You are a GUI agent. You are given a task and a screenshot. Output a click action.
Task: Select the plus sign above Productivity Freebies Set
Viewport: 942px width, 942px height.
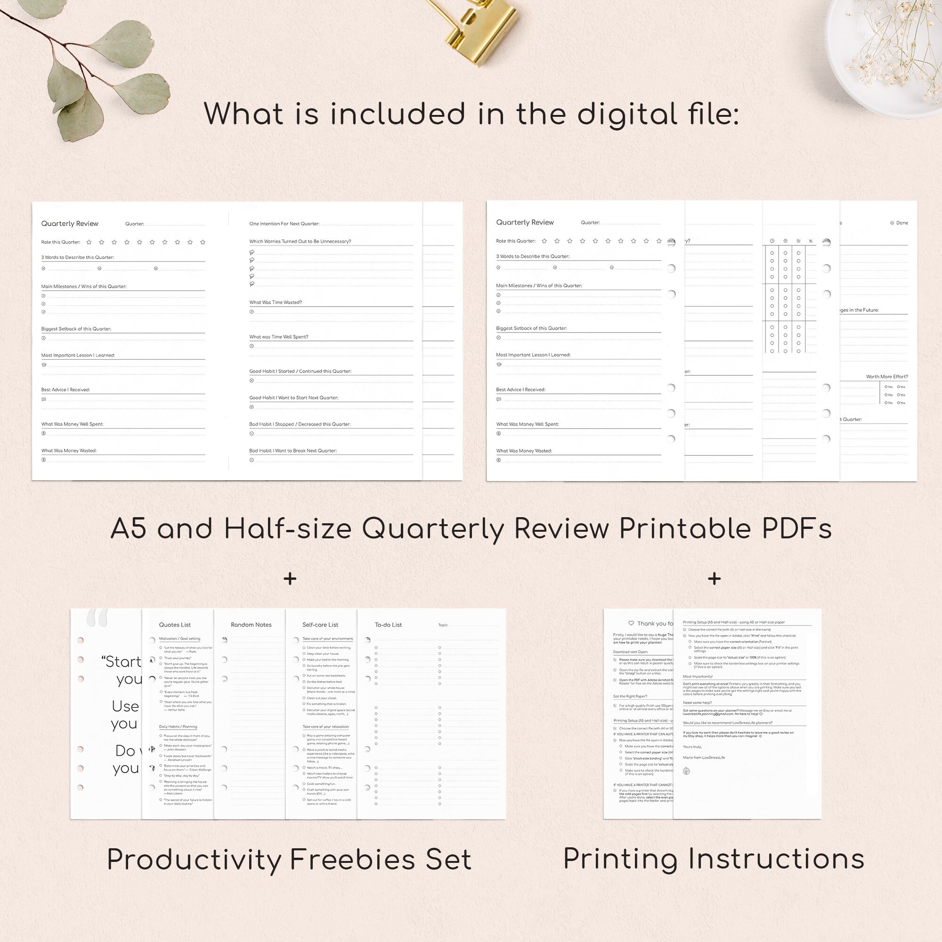point(290,579)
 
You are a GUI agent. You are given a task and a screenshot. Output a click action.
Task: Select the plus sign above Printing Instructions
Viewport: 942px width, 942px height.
point(715,579)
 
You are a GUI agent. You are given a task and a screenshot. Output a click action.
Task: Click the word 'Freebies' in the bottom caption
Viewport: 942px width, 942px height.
point(352,860)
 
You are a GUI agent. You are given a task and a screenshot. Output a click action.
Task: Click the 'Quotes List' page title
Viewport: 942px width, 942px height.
point(175,625)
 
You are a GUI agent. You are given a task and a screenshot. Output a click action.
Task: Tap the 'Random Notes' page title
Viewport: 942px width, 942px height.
point(251,625)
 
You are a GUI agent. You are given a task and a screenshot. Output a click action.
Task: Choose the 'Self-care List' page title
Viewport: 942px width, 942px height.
point(320,625)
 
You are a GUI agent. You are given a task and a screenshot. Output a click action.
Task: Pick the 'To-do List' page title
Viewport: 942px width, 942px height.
point(388,625)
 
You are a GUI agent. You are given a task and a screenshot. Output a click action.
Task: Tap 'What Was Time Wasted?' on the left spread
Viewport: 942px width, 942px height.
point(276,302)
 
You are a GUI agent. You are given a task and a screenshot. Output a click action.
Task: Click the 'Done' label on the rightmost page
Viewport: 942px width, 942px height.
point(901,223)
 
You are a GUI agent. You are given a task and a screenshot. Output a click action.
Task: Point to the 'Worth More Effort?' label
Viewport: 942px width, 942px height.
point(887,376)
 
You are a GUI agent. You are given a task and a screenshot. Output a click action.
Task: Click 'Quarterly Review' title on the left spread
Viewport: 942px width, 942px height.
point(70,224)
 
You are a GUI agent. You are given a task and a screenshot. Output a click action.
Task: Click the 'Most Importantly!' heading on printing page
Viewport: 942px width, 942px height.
point(698,676)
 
